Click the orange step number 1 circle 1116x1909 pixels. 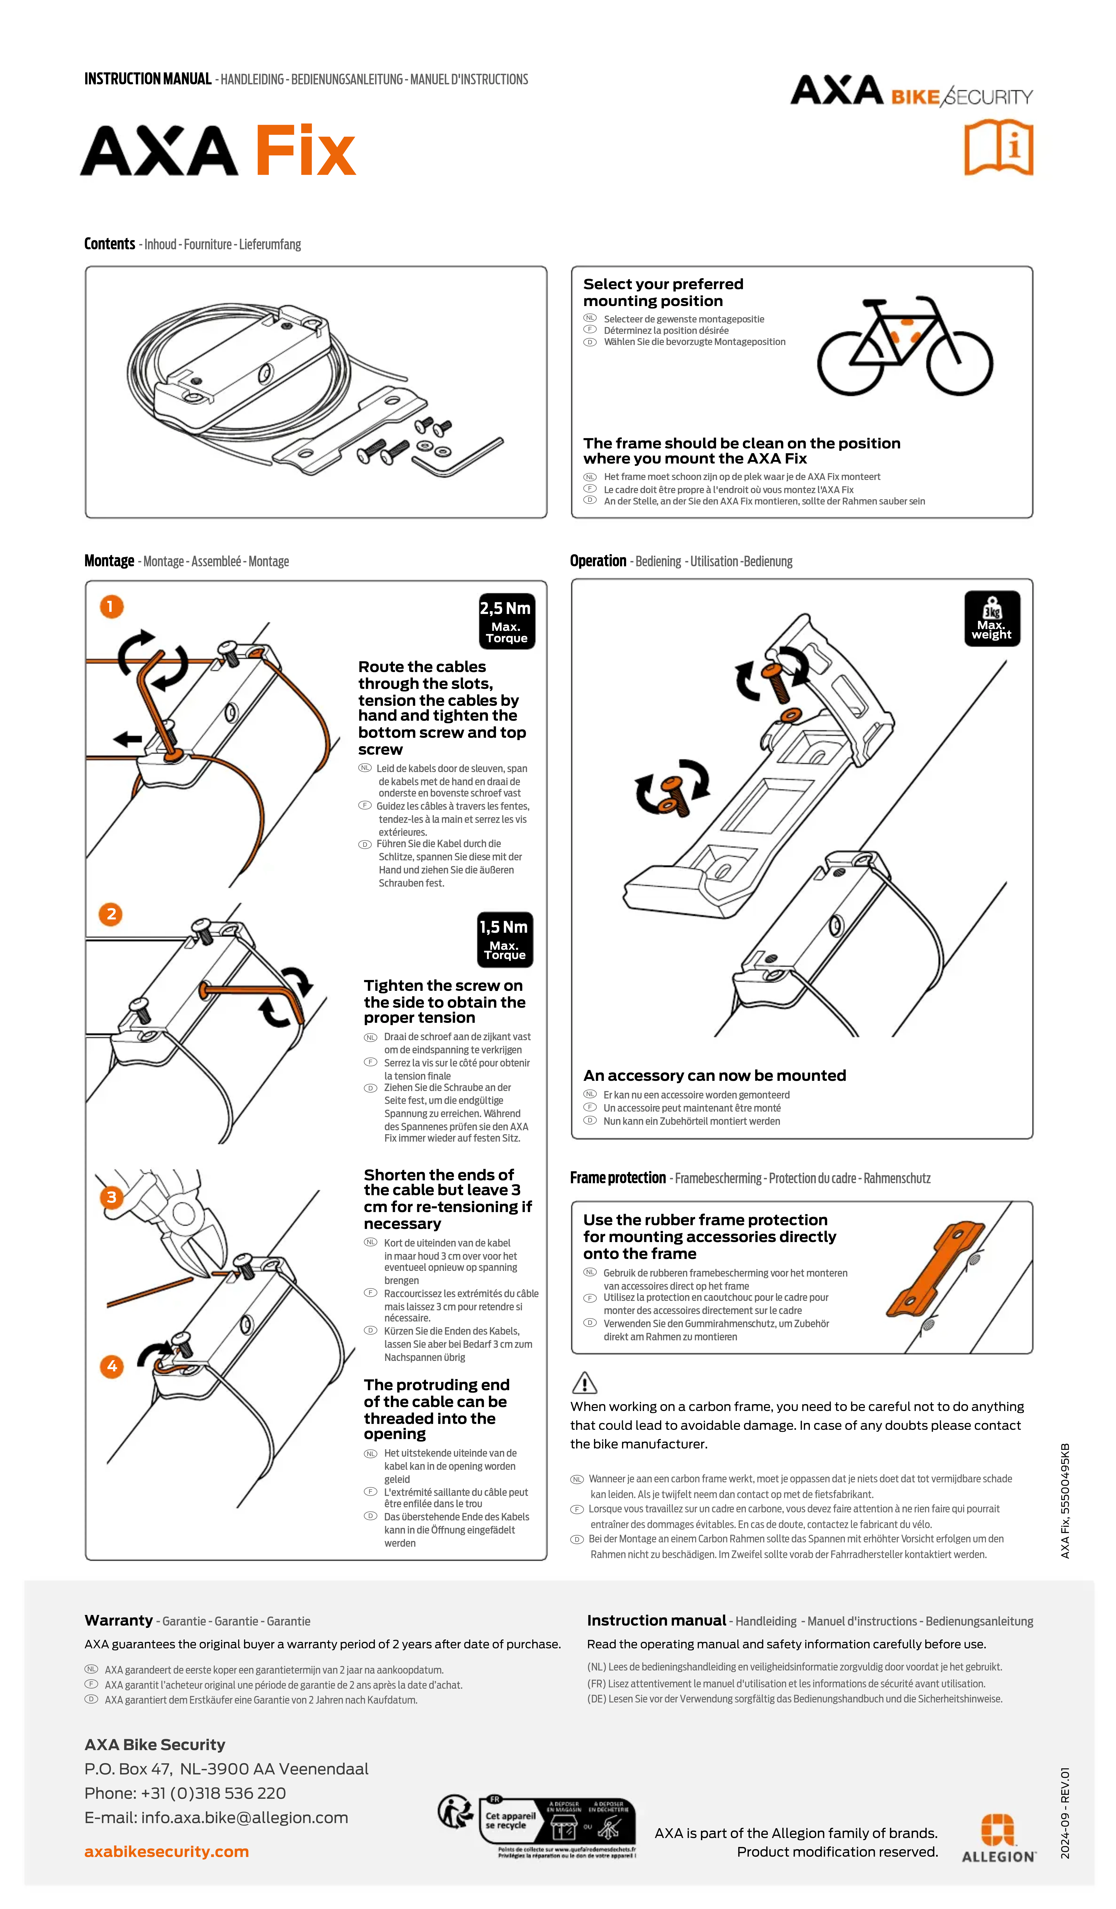(x=111, y=606)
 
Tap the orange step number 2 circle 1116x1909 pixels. (x=111, y=914)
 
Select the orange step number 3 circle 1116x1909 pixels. (x=111, y=1197)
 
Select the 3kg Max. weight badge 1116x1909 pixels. (x=992, y=618)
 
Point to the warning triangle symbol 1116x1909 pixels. (x=584, y=1383)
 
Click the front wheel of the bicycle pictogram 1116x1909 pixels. (x=959, y=363)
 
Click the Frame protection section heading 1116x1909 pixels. (x=617, y=1178)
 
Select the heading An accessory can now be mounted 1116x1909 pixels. (x=714, y=1076)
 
